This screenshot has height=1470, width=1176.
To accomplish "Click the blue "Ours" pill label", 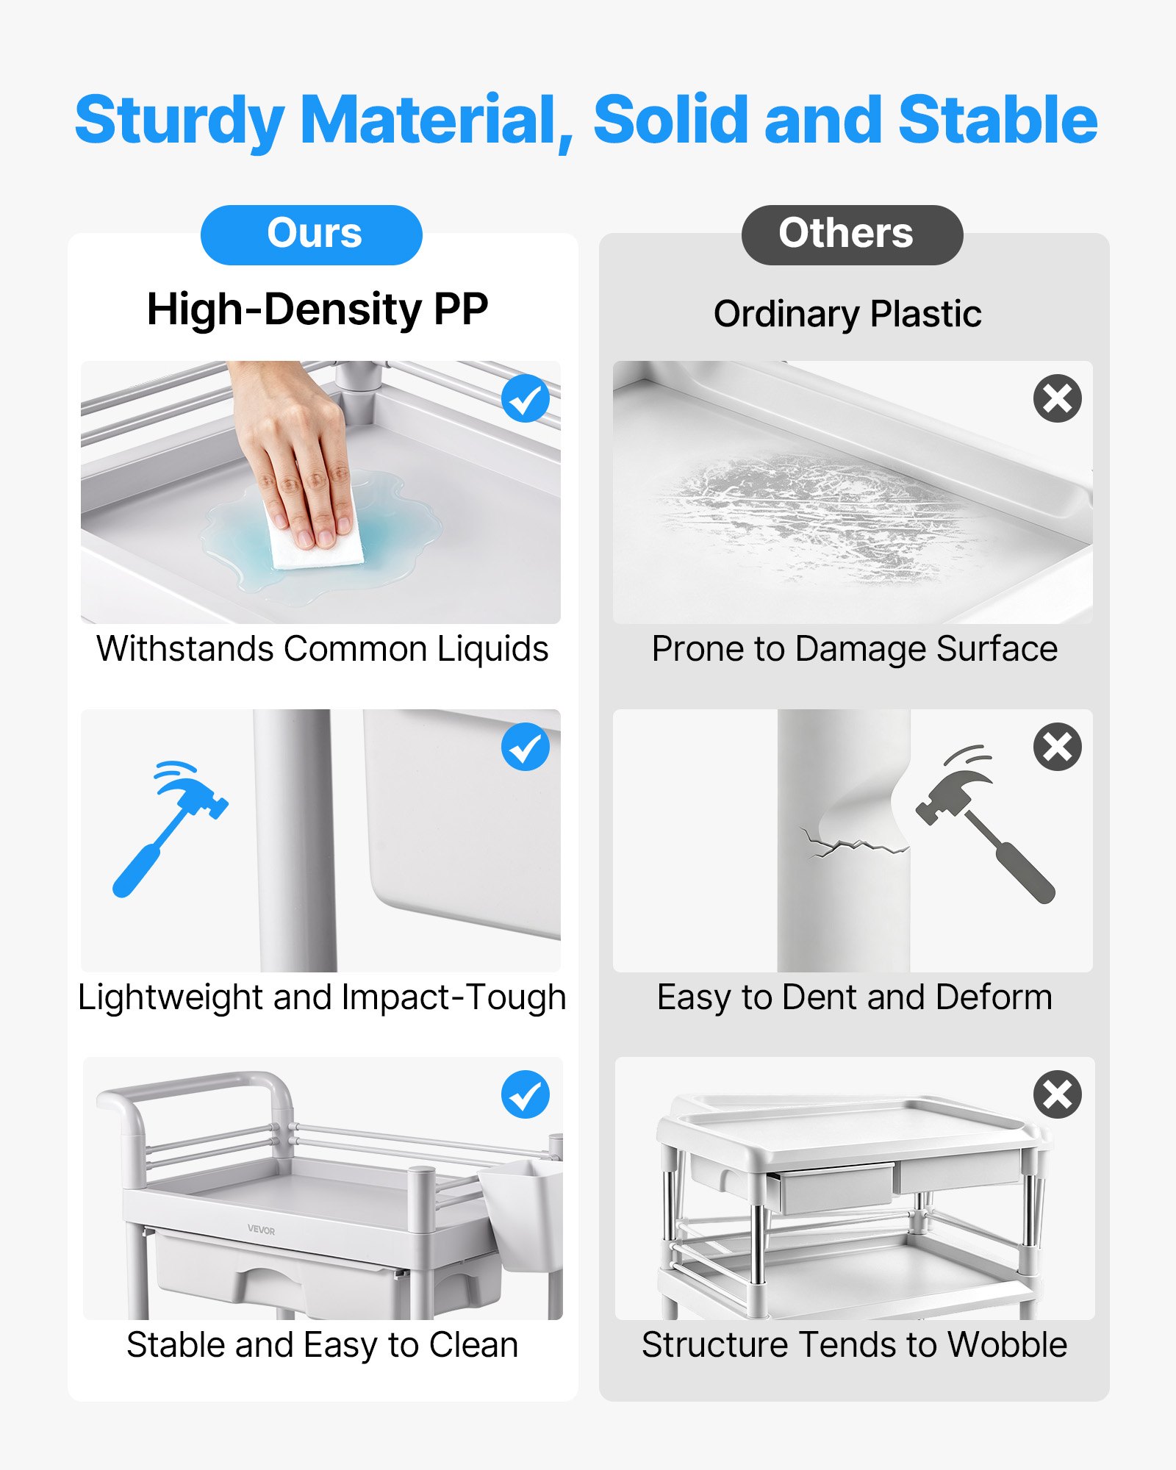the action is pos(312,234).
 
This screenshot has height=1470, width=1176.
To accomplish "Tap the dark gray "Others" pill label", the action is pos(852,234).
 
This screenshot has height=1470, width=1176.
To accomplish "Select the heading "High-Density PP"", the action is pos(318,309).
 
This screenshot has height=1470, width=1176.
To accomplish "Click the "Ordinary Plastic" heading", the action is pos(847,315).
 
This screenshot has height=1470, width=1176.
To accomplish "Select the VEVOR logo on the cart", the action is pos(261,1230).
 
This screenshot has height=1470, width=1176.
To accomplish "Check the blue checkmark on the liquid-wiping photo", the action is pos(526,398).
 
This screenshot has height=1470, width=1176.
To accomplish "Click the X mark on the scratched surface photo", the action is pos(1058,398).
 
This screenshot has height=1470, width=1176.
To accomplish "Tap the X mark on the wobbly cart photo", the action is pos(1058,1094).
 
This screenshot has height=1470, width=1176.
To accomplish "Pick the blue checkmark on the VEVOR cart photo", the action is pos(526,1094).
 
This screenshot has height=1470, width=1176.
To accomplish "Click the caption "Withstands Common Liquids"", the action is pos(322,649).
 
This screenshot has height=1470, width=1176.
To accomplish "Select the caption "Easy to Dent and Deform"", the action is pos(855,997).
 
